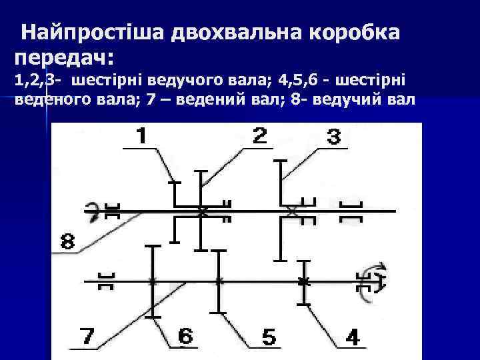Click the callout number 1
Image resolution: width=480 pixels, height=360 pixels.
(141, 136)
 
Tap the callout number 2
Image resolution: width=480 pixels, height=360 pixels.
(260, 136)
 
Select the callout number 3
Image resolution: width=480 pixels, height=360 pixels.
(333, 137)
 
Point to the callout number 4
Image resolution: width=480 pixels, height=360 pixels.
(352, 337)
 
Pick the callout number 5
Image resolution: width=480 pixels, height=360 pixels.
(269, 337)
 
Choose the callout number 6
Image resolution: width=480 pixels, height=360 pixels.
(185, 337)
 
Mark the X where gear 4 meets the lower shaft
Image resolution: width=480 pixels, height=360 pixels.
(303, 281)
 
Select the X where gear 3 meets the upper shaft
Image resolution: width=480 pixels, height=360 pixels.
(291, 211)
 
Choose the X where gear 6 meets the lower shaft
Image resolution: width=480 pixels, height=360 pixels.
(153, 281)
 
